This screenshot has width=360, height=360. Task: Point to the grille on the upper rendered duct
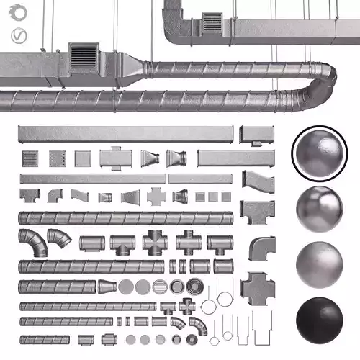point(212,22)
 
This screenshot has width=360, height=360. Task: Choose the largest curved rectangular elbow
point(261,249)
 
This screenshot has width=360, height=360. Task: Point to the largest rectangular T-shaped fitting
point(257,212)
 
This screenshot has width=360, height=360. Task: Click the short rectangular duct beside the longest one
point(257,134)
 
